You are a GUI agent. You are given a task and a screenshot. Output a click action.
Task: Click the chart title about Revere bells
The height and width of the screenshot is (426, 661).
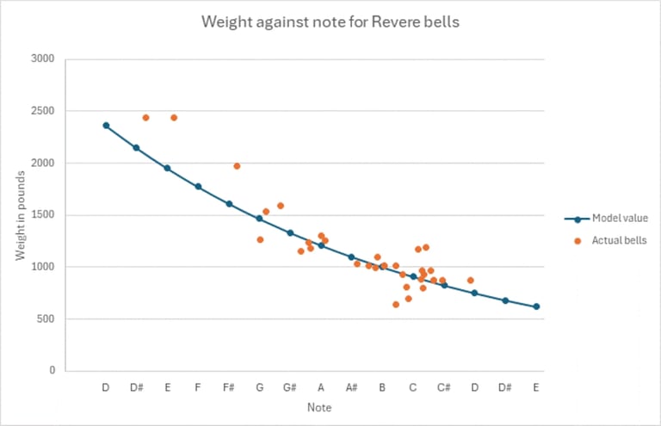[330, 22]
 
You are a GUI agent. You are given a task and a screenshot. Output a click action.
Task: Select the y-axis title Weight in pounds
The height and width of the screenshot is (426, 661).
[19, 215]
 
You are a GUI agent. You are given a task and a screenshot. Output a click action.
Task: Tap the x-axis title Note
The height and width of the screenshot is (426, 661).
[319, 407]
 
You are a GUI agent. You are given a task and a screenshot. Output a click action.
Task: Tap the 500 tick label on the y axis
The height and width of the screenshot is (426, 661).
[46, 319]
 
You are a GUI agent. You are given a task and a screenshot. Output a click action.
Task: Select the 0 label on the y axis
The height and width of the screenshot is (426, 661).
[52, 371]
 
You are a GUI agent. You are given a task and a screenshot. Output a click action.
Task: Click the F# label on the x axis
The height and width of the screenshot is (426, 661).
[229, 387]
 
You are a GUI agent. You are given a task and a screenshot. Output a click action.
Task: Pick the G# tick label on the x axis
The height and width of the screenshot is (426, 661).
[290, 387]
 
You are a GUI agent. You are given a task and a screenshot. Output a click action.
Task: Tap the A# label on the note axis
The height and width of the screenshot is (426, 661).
[351, 387]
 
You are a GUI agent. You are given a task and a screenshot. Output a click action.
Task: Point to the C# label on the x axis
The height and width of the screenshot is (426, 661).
[444, 387]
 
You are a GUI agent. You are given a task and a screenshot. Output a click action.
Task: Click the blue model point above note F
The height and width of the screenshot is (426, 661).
[198, 187]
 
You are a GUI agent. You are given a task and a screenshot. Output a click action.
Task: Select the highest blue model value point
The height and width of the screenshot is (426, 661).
[106, 126]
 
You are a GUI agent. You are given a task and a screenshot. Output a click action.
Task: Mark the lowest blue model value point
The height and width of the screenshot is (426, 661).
[536, 306]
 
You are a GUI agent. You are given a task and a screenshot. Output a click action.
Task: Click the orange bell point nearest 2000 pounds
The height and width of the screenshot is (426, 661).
[237, 166]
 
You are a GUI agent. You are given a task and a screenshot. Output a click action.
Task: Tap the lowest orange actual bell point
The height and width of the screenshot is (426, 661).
[396, 304]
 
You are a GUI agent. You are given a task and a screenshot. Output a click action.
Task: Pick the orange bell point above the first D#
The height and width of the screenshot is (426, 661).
[145, 118]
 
